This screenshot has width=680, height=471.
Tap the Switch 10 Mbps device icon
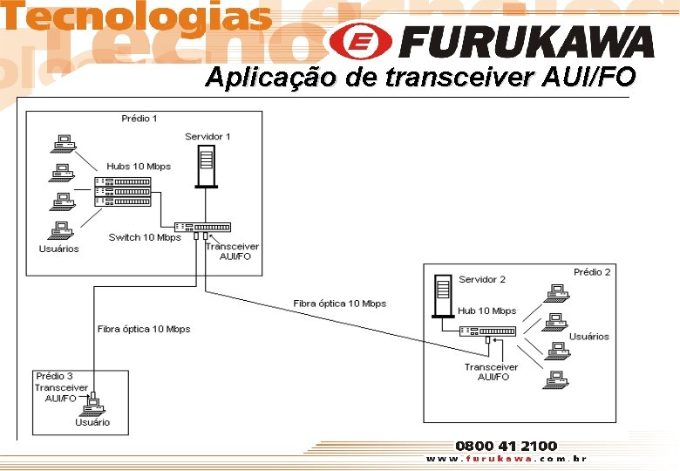pos(202,227)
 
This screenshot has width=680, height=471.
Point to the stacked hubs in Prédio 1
pos(122,191)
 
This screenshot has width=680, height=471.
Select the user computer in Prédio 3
pos(94,405)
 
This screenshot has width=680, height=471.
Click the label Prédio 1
pos(139,119)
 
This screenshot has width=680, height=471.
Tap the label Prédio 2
pos(592,272)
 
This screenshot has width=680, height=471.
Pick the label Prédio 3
pos(54,377)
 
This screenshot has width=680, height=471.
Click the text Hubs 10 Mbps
pos(139,167)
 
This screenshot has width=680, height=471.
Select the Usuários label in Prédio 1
pos(58,249)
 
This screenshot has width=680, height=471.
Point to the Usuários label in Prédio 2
pos(589,336)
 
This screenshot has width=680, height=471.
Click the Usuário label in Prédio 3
pos(92,422)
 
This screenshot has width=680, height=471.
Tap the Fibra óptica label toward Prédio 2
pos(339,304)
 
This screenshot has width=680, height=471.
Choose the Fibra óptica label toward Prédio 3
pos(144,329)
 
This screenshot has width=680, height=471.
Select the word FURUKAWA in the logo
pos(529,42)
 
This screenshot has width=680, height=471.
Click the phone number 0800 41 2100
pos(506,446)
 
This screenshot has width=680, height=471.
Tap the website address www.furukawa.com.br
pos(506,459)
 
